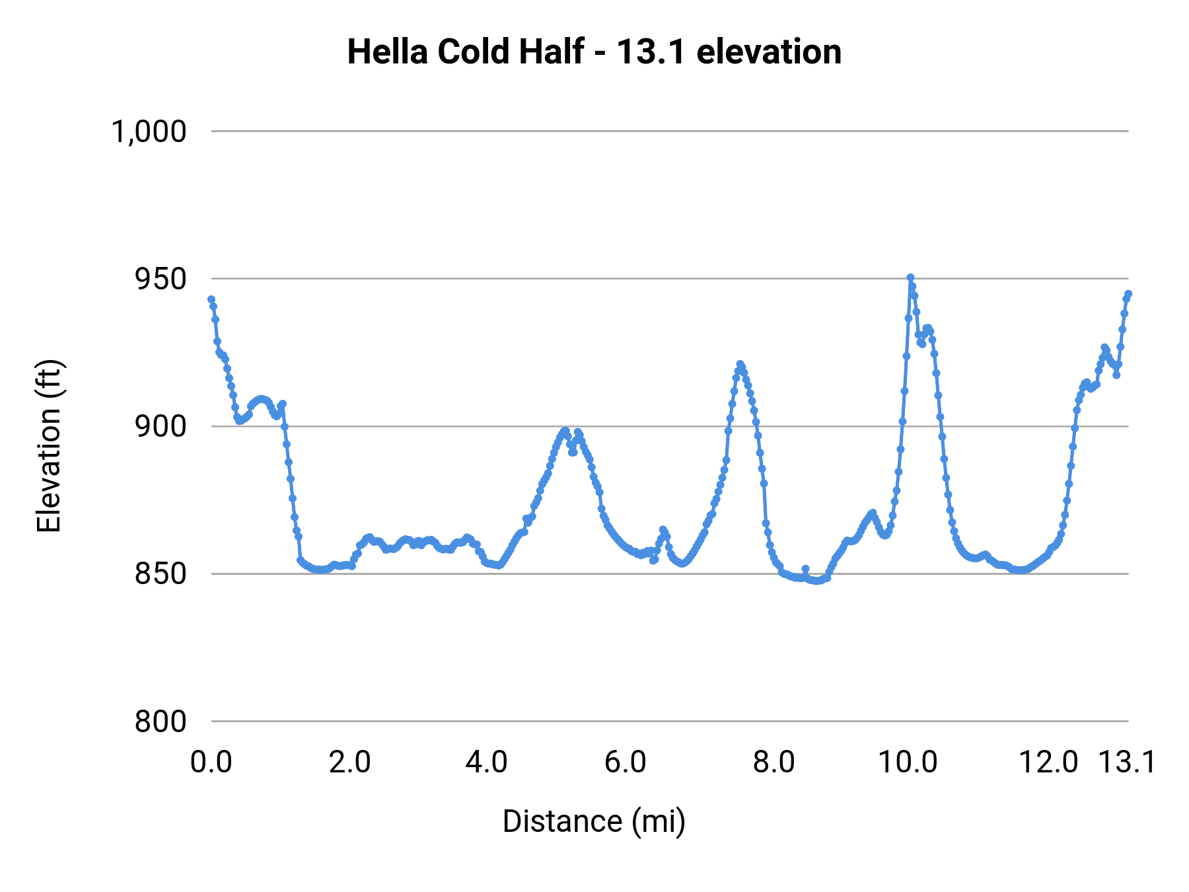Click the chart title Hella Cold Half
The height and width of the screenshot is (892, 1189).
coord(594,52)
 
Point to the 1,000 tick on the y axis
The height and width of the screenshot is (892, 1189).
coord(149,131)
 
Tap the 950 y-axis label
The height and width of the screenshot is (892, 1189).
coord(161,279)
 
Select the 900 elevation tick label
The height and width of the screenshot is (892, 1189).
coord(161,427)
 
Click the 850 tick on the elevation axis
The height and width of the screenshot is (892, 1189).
coord(161,574)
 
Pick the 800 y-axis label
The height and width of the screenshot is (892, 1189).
coord(161,722)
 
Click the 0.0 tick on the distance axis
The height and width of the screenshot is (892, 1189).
coord(211,762)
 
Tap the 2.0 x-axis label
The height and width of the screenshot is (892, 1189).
coord(350,762)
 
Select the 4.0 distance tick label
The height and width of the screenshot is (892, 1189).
coord(487,762)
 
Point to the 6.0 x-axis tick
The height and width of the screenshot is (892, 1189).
coord(626,762)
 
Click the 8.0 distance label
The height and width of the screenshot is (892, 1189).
coord(774,762)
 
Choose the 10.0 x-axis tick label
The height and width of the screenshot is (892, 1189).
coord(908,762)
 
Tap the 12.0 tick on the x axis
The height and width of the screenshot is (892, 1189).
coord(1049,762)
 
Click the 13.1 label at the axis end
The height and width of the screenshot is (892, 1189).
coord(1127,762)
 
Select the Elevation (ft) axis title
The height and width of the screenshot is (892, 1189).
coord(49,446)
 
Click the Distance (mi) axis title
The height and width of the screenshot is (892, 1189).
coord(594,821)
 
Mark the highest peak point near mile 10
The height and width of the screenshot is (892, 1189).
coord(910,278)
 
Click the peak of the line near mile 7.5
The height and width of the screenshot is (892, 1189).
coord(740,364)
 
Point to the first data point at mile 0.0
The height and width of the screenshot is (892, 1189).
coord(211,299)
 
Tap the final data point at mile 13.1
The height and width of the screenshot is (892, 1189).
coord(1128,293)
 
